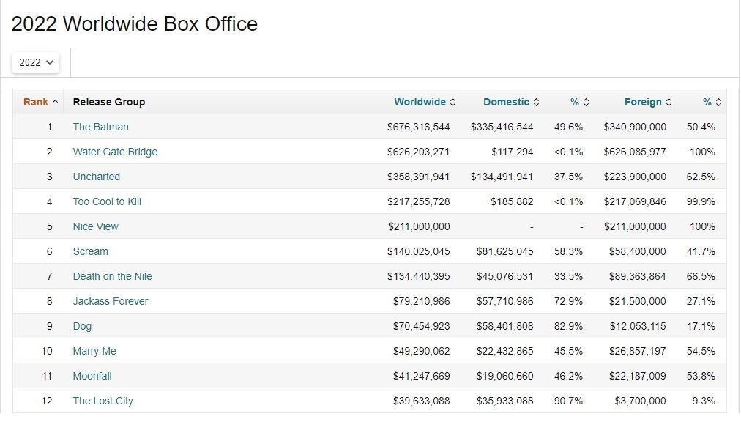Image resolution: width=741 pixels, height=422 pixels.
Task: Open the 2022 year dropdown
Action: coord(35,62)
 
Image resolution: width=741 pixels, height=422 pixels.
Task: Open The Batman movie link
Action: coord(100,127)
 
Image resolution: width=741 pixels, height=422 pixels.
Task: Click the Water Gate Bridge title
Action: coord(115,152)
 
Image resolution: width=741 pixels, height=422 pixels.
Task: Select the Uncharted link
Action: coord(96,177)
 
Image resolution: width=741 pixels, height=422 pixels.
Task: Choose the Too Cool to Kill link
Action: coord(107,201)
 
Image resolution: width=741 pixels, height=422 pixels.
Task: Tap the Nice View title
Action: coord(95,226)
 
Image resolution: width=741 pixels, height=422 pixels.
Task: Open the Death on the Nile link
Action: coord(112,276)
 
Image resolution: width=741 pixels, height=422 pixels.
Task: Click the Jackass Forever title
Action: coord(110,301)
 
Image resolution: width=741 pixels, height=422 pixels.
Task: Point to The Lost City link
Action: coord(103,401)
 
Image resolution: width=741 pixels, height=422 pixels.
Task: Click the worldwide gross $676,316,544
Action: coord(418,127)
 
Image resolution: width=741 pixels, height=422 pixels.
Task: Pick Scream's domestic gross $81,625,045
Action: coord(504,251)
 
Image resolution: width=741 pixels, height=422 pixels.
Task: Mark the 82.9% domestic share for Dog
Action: coord(568,326)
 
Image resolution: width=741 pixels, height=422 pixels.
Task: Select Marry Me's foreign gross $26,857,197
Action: coord(637,351)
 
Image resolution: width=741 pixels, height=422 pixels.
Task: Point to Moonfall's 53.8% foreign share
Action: coord(701,376)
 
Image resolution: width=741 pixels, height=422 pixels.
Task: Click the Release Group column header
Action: coord(109,102)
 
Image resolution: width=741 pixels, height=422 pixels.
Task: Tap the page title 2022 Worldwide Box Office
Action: coord(135,24)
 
